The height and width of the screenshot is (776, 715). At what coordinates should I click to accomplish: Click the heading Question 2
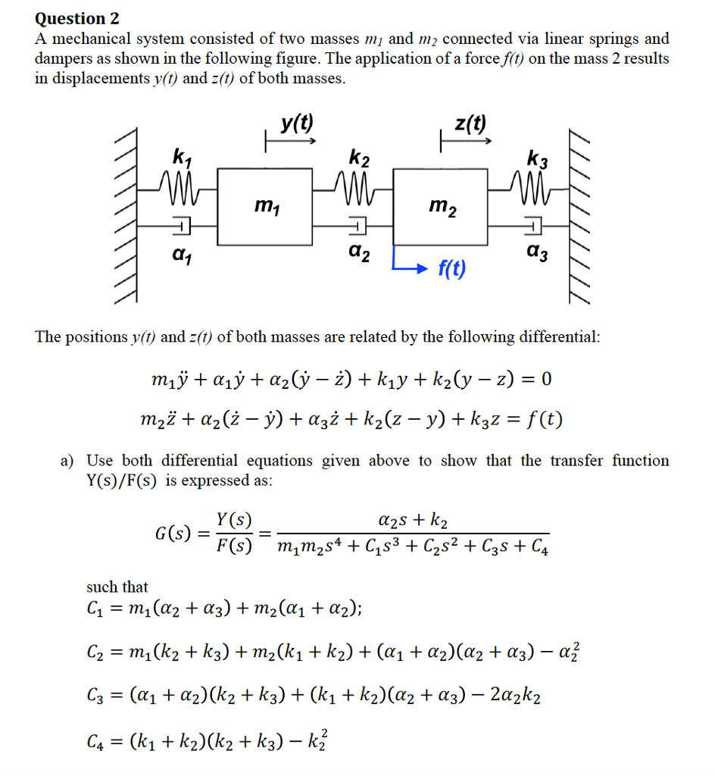(77, 18)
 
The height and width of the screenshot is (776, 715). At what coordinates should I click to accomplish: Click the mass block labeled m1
(264, 205)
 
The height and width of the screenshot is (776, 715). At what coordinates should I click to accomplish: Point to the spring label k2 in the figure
(360, 158)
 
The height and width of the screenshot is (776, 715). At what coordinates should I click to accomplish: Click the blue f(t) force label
(452, 268)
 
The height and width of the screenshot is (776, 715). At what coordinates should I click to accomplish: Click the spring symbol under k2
(356, 183)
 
